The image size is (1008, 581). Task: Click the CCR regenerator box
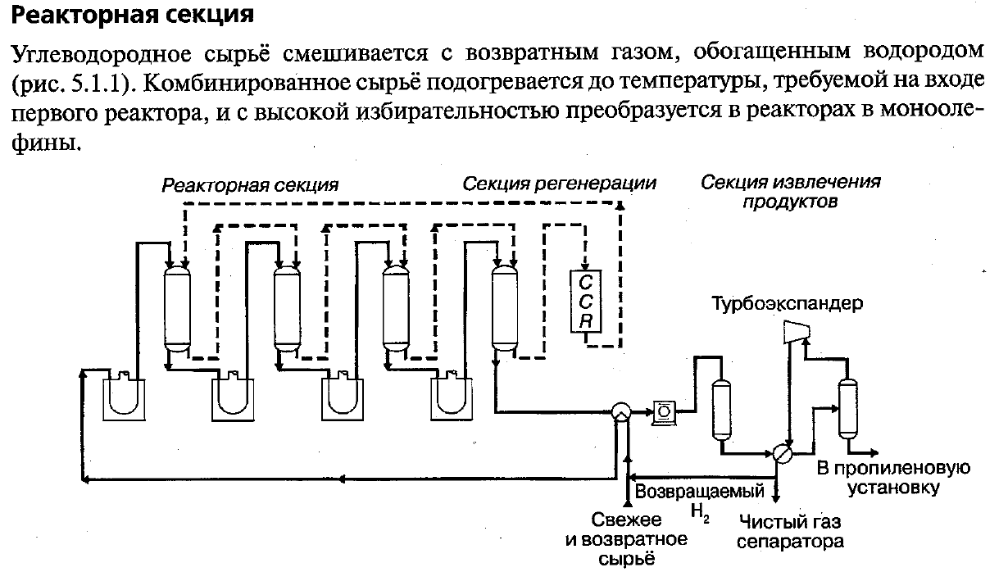pyautogui.click(x=586, y=300)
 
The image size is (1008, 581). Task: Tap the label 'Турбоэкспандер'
pyautogui.click(x=788, y=305)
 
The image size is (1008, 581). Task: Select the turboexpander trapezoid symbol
pyautogui.click(x=794, y=330)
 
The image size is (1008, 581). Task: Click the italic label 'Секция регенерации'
pyautogui.click(x=560, y=184)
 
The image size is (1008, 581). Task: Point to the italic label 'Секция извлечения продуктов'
pyautogui.click(x=791, y=192)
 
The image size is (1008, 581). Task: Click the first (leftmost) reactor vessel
pyautogui.click(x=176, y=307)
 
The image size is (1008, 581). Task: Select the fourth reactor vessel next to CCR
pyautogui.click(x=502, y=307)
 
